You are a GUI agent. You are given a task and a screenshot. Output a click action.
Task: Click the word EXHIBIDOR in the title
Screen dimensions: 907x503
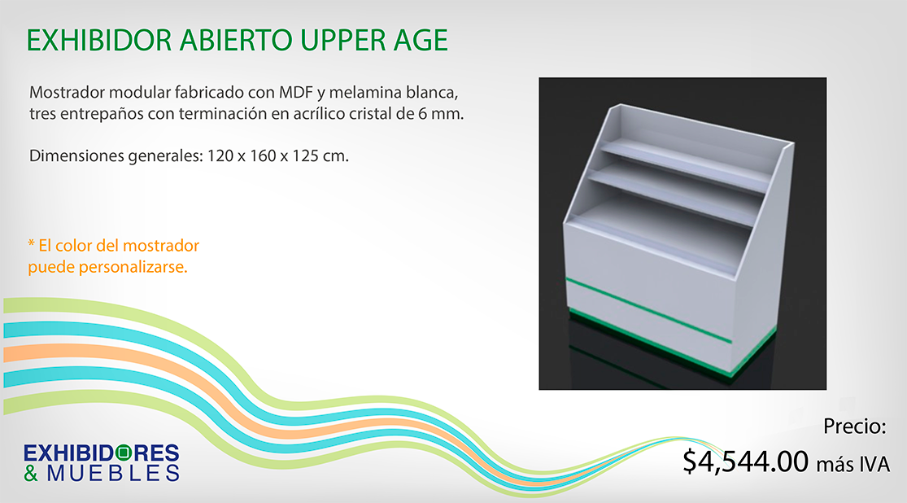99,41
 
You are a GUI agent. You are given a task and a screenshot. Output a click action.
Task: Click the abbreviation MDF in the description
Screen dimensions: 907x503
295,92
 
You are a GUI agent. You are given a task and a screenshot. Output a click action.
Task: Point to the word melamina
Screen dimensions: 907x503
365,92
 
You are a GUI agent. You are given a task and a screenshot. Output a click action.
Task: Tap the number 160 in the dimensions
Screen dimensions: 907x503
263,155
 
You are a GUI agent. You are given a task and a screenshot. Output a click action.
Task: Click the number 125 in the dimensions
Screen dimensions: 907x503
305,155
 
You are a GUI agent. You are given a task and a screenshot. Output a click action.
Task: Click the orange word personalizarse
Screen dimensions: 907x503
133,268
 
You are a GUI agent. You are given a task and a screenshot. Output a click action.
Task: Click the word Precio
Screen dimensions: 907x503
854,426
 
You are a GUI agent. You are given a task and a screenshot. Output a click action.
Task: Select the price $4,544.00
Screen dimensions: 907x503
746,461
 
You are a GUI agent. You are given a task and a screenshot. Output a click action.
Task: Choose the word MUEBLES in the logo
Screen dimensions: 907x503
113,473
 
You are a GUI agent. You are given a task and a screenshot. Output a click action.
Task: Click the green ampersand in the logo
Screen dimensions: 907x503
31,473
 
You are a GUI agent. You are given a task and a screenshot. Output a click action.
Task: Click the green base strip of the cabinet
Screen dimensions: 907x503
671,343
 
